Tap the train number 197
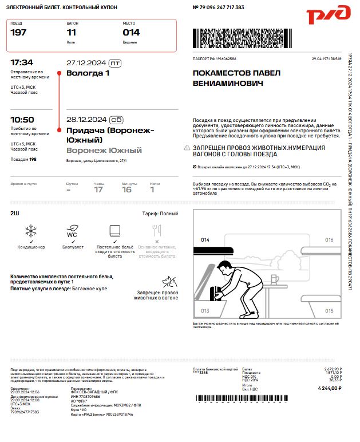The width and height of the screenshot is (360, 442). pos(18,33)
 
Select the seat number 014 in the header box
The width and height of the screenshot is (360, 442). pos(131,33)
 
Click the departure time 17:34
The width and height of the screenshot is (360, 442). pos(22,62)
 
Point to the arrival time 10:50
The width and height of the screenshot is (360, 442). pos(22,120)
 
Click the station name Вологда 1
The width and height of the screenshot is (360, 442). pos(88,73)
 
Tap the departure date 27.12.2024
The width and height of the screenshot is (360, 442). pos(86,62)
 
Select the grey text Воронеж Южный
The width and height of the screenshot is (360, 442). pos(104,151)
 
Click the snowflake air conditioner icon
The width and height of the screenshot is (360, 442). pos(30,231)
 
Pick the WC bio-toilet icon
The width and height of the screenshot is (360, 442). pos(72,231)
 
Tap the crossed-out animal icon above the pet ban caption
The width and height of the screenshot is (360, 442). pos(169,281)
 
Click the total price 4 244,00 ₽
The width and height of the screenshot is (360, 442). pos(330,388)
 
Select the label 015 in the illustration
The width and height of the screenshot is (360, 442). pos(329,310)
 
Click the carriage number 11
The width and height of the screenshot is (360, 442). pos(72,33)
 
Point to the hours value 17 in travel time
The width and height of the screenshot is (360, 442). pos(98,190)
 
